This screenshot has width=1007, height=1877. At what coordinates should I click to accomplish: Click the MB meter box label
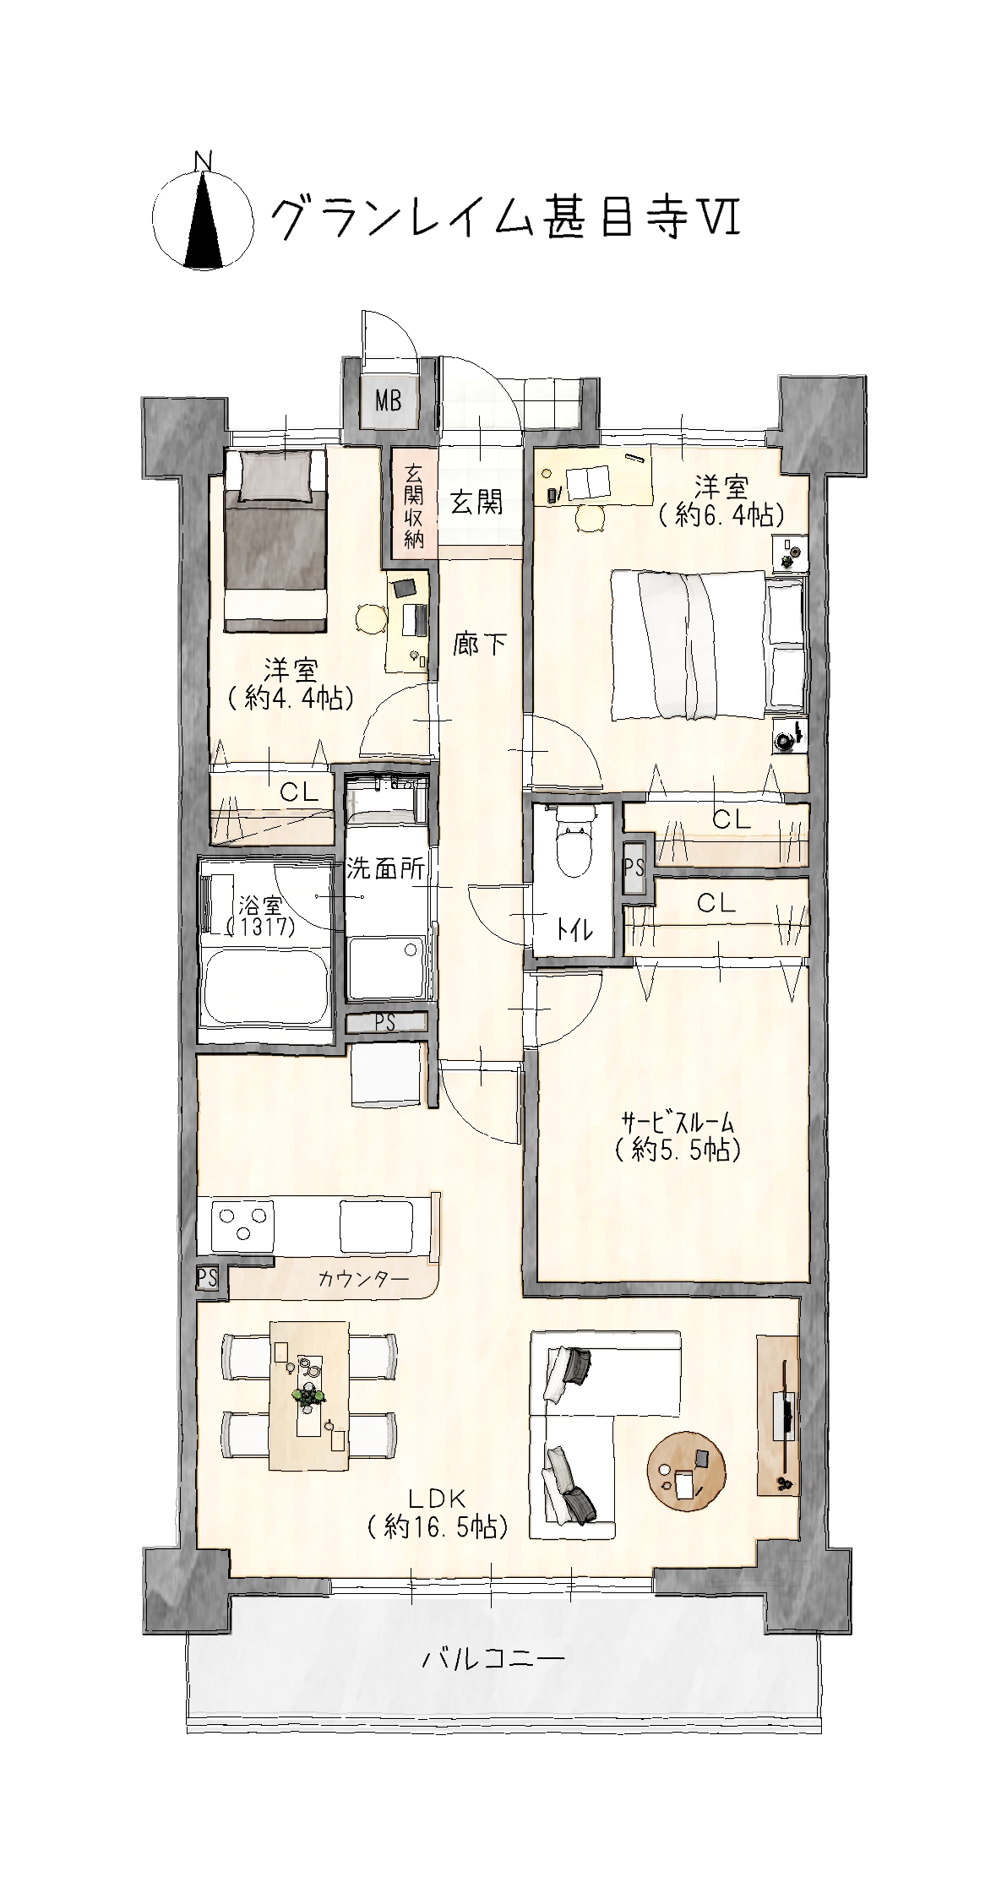click(389, 400)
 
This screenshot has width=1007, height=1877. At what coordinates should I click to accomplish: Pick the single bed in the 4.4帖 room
click(275, 540)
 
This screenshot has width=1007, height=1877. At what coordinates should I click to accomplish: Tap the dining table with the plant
click(309, 1395)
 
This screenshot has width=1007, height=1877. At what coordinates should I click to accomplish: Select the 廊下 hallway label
click(480, 645)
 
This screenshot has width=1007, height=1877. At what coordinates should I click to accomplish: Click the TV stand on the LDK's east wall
click(777, 1415)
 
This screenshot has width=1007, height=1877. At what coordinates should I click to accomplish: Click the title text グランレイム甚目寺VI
click(504, 217)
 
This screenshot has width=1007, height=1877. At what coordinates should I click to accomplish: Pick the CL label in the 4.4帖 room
click(299, 792)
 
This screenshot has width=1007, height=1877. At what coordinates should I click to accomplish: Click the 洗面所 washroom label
click(384, 868)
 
